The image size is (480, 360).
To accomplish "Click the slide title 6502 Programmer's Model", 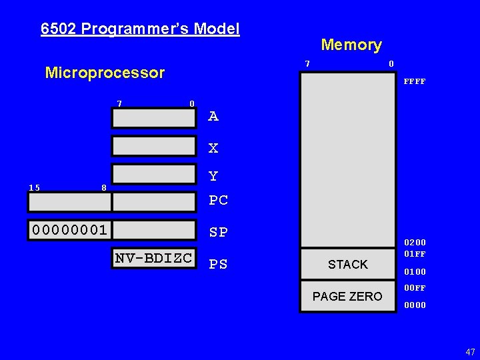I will [140, 29].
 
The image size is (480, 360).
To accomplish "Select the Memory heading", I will [351, 45].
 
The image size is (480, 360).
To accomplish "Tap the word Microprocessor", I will [105, 73].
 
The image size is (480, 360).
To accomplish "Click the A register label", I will [213, 117].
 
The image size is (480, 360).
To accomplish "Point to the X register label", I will [213, 148].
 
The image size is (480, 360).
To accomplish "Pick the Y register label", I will [213, 177].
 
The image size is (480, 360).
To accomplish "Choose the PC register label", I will [218, 200].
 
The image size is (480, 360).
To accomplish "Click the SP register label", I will [218, 232].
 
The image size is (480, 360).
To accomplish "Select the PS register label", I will [218, 265].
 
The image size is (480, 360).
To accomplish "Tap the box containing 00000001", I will [69, 230].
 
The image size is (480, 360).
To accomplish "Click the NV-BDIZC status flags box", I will [154, 259].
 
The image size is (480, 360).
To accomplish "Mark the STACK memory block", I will [348, 265].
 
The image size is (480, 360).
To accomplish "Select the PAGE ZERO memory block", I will [348, 296].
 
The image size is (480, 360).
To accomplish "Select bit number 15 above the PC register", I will [35, 187].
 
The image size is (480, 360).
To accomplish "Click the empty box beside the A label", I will [155, 118].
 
